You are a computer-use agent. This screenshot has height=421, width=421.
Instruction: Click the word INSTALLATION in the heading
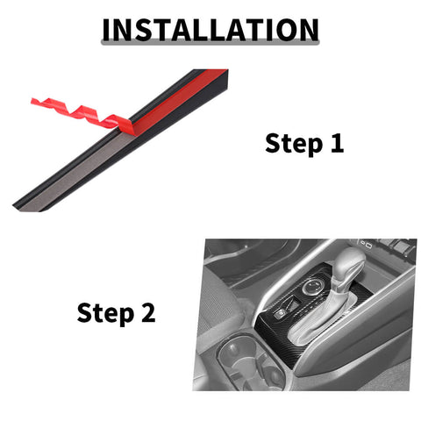pos(210,30)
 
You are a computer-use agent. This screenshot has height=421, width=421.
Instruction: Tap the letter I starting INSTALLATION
pos(106,30)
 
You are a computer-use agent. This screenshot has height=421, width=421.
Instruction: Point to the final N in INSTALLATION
pos(308,30)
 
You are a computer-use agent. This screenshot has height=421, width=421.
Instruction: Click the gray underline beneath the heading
pos(210,43)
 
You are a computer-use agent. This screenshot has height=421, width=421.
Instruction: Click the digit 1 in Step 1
pos(337,143)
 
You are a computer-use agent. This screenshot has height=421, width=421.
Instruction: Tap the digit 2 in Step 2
pos(148,312)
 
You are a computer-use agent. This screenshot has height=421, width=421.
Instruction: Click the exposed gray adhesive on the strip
pos(76,173)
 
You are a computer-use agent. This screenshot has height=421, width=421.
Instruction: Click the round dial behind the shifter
pos(313,287)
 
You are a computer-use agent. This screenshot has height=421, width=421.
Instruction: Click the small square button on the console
pos(279,315)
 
